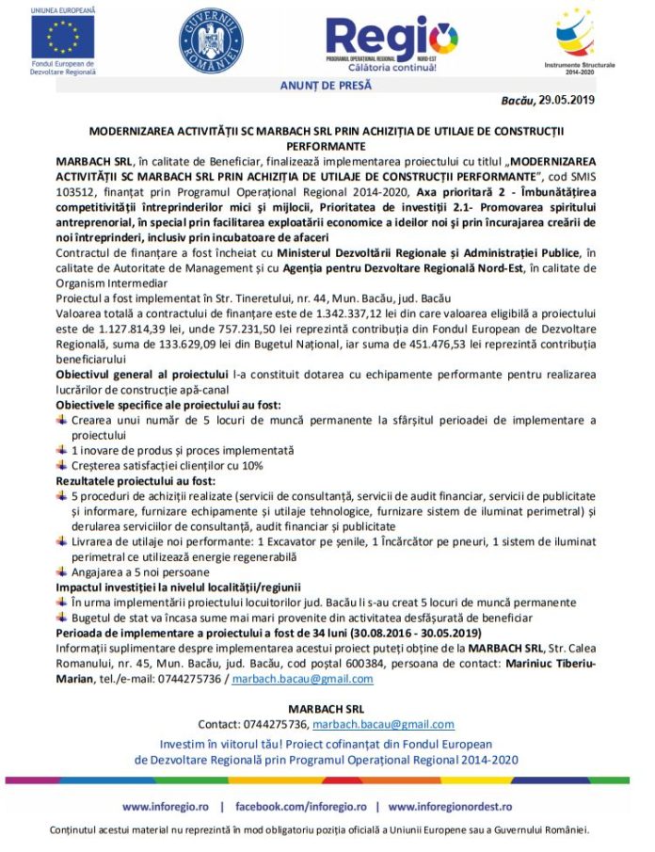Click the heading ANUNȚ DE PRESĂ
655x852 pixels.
point(327,86)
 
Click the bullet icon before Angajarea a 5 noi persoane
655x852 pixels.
point(62,571)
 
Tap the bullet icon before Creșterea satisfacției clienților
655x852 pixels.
point(62,465)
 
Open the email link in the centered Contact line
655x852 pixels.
point(383,724)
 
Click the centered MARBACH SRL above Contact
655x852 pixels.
point(327,708)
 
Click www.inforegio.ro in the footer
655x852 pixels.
point(166,807)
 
